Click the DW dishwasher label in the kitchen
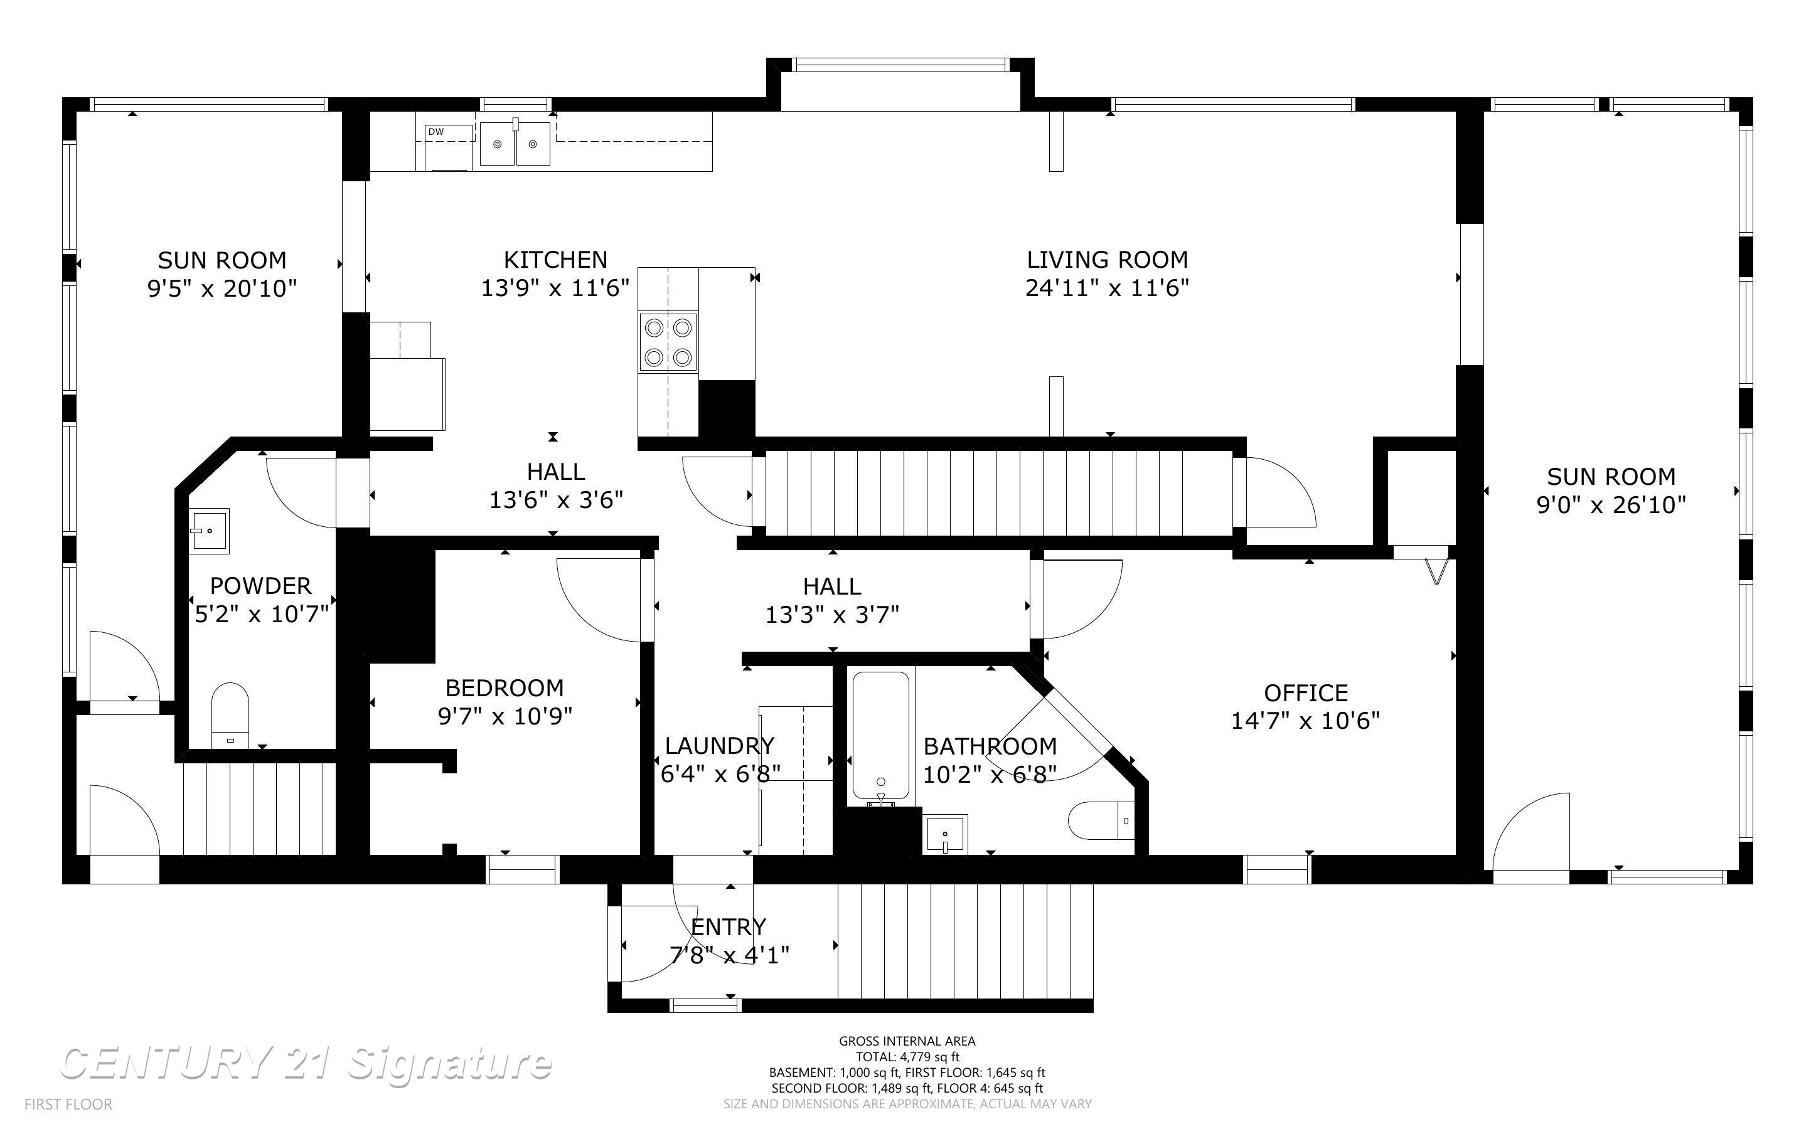click(436, 132)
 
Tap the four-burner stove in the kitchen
click(668, 342)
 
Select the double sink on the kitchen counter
click(515, 144)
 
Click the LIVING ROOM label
click(1107, 260)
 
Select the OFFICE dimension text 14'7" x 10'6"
click(1305, 721)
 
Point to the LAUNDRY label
click(718, 746)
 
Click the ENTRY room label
click(729, 927)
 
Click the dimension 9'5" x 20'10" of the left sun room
click(222, 288)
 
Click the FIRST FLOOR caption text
click(68, 1104)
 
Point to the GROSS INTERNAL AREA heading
click(907, 1041)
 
